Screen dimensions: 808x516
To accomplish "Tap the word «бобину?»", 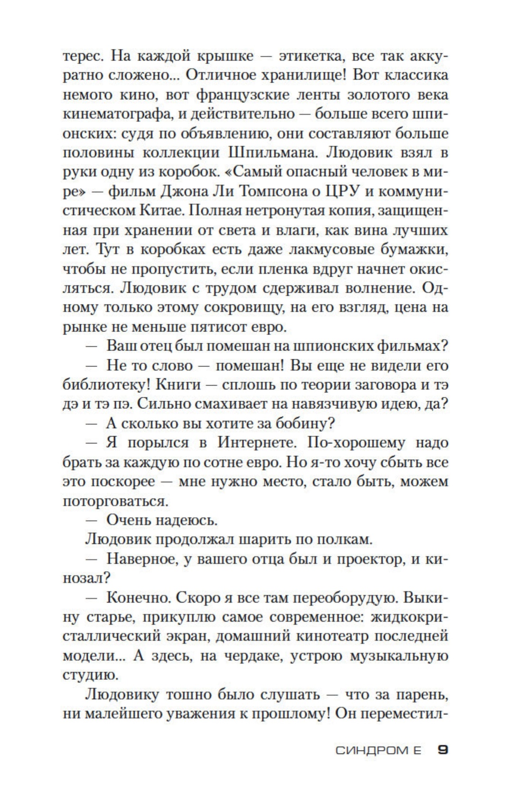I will tap(304, 423).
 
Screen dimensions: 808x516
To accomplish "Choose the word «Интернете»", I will tap(257, 443).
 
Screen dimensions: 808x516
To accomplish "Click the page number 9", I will tap(442, 750).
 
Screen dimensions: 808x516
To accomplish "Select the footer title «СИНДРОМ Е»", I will tap(378, 751).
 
